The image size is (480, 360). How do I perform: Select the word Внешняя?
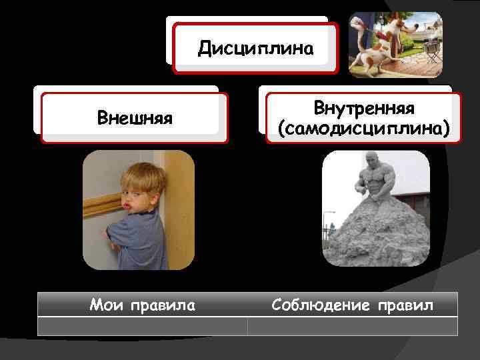[x=135, y=119]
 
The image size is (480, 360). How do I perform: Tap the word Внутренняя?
[x=363, y=108]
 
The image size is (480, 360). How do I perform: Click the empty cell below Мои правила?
[x=142, y=326]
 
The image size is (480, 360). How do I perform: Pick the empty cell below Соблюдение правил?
[x=352, y=326]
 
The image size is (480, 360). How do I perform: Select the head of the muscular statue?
[x=372, y=161]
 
